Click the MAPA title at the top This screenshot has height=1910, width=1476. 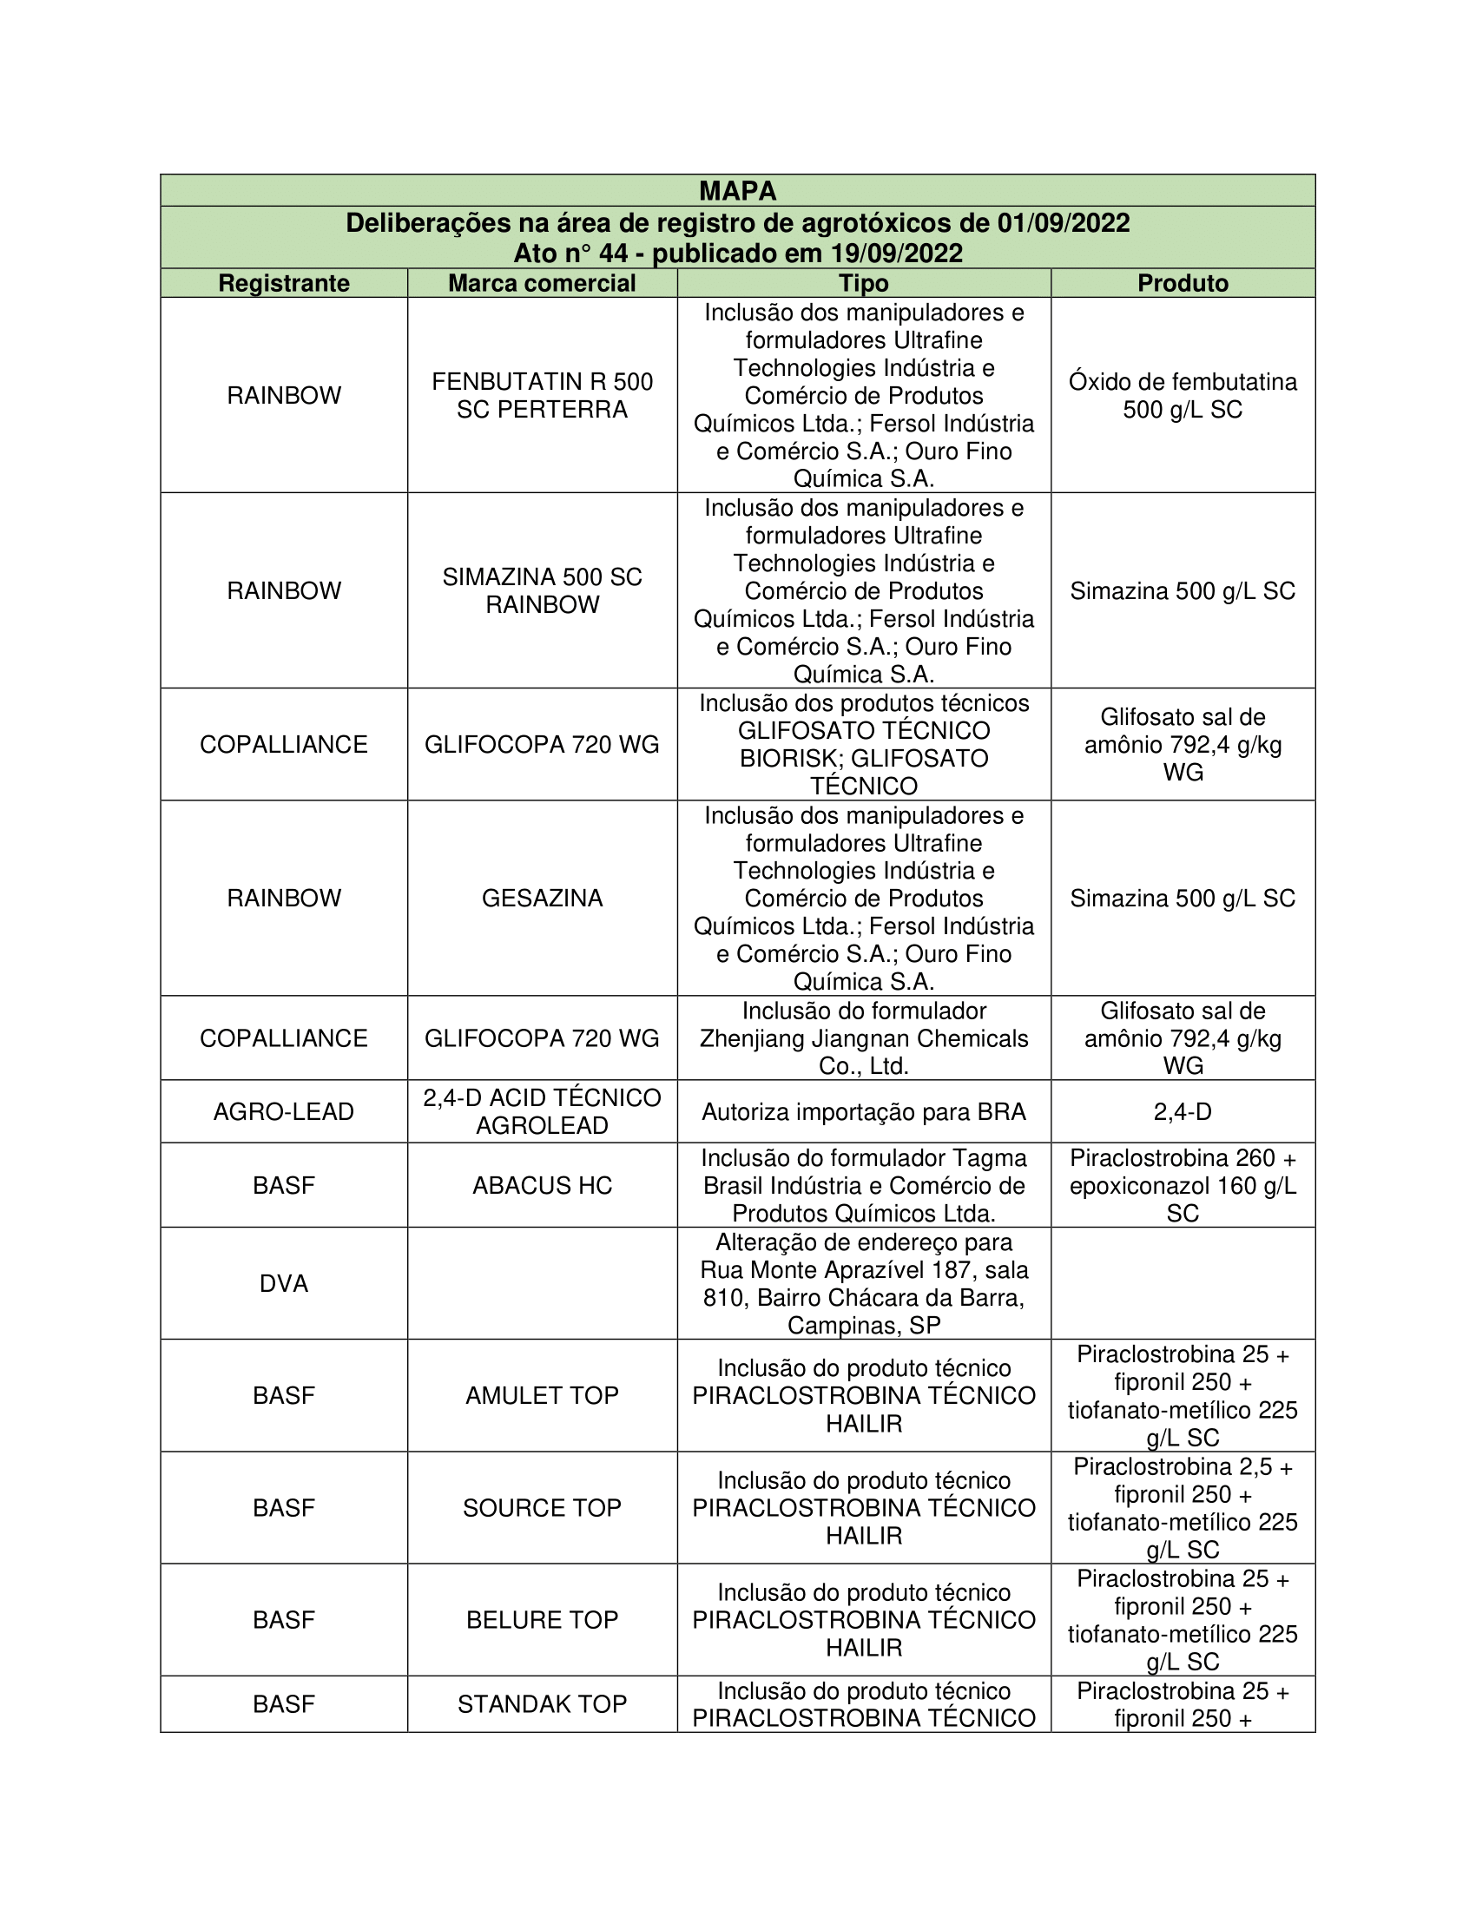(x=737, y=191)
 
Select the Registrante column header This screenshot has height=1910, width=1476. (x=283, y=283)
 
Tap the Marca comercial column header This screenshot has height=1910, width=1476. (x=541, y=283)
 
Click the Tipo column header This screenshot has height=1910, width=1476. (x=863, y=283)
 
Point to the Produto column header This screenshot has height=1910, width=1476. (x=1183, y=283)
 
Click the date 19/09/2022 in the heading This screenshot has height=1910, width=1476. (x=896, y=254)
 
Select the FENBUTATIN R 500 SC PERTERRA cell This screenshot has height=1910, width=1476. (x=541, y=395)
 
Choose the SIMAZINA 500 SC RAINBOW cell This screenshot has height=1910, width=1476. (x=541, y=590)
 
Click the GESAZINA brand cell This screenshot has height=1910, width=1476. (x=541, y=899)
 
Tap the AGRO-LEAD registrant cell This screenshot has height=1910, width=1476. (x=283, y=1111)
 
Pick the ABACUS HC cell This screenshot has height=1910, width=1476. (x=541, y=1185)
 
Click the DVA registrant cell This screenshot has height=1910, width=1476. (x=283, y=1284)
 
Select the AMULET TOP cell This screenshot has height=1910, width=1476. (x=541, y=1395)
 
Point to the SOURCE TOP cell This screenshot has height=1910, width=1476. (x=541, y=1508)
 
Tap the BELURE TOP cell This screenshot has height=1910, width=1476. (x=541, y=1620)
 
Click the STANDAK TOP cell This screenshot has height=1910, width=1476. (x=541, y=1703)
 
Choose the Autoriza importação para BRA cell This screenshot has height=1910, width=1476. (x=863, y=1111)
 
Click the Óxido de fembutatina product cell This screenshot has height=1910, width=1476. (x=1183, y=395)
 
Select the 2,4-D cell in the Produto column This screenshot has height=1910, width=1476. (x=1183, y=1111)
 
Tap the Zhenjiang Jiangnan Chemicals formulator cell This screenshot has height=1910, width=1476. (x=863, y=1038)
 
